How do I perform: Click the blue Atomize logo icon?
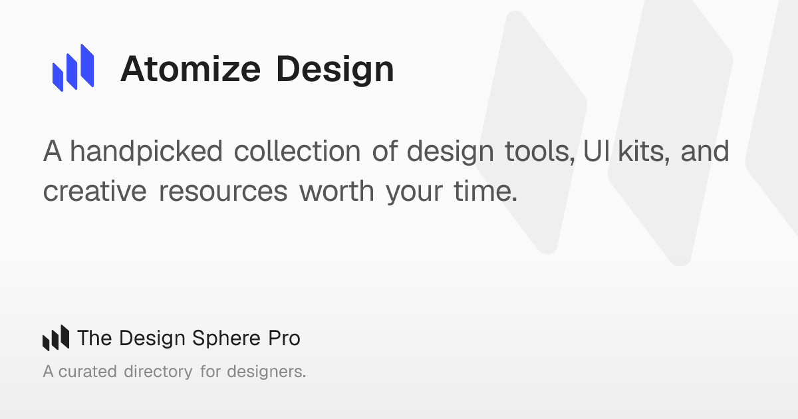coord(73,68)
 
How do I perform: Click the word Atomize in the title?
coord(191,69)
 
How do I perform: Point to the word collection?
coord(297,151)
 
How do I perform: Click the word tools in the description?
coord(540,152)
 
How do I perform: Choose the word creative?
coord(94,191)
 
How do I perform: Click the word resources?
coord(223,192)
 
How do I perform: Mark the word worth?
coord(336,191)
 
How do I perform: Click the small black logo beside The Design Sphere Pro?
coord(56,337)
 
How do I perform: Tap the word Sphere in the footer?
coord(226,338)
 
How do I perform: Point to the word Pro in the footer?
coord(285,338)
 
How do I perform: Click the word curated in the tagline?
coord(88,372)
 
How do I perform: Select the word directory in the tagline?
coord(158,372)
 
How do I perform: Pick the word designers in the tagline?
coord(266,372)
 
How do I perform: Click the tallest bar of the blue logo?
coord(87,65)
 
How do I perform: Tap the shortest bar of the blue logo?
coord(58,77)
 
